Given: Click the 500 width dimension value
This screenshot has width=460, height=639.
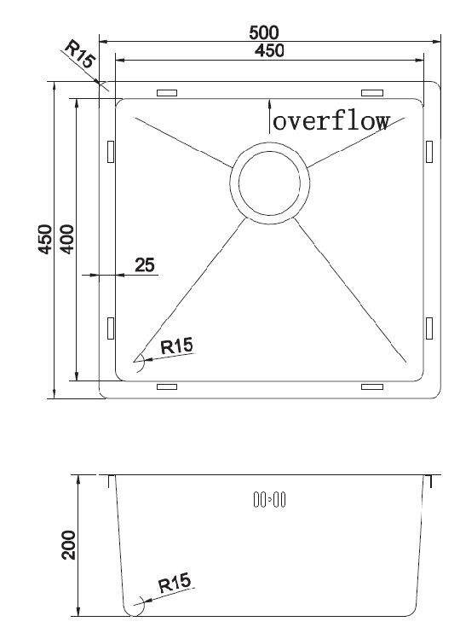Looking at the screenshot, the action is (264, 32).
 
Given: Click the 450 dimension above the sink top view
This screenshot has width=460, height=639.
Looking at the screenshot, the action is (269, 50).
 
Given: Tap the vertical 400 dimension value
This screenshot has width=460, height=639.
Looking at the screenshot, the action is (67, 239).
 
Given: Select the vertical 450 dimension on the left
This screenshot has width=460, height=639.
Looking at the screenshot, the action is (45, 239).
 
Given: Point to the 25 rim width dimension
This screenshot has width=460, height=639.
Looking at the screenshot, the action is (145, 264).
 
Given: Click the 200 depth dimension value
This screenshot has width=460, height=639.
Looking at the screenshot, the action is (68, 545).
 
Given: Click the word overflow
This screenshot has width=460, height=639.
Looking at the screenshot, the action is (331, 121).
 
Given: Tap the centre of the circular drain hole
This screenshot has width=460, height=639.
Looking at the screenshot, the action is (269, 183).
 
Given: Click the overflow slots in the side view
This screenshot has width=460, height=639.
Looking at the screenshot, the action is (269, 500).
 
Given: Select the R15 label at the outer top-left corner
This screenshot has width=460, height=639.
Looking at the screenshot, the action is (80, 53).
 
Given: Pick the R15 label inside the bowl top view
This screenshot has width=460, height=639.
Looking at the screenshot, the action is (176, 346).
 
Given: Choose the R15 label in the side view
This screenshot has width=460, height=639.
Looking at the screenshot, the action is (175, 583).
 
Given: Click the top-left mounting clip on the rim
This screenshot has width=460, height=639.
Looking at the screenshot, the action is (167, 93).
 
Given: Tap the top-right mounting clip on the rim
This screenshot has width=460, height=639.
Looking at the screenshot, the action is (372, 93).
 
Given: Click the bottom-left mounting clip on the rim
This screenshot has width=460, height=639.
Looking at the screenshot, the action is (167, 386).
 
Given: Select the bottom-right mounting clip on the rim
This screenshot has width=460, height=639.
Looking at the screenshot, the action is (372, 386).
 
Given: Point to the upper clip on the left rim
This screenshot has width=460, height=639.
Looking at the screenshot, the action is (111, 152).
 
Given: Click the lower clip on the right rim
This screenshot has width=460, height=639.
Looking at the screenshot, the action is (429, 328).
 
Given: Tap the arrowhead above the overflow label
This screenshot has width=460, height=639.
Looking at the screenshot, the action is (269, 105).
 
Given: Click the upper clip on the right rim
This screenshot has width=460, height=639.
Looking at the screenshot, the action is (429, 152).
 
